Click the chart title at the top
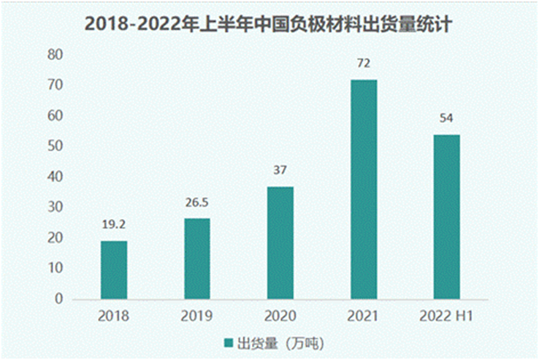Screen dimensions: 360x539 click(x=269, y=24)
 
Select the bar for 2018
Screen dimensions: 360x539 click(x=114, y=269)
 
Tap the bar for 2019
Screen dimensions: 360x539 click(x=196, y=258)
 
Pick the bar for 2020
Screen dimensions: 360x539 click(x=280, y=242)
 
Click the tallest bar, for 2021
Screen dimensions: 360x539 click(x=363, y=189)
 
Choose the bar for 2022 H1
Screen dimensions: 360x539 click(x=446, y=216)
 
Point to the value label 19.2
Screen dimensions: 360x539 click(x=114, y=226)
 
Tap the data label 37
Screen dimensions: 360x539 click(x=280, y=172)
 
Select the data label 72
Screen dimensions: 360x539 click(x=363, y=65)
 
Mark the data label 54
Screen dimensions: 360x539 click(x=446, y=119)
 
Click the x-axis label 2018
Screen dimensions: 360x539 click(x=114, y=316)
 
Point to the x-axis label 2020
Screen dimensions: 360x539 click(x=280, y=316)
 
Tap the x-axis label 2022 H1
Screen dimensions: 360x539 click(x=446, y=316)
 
